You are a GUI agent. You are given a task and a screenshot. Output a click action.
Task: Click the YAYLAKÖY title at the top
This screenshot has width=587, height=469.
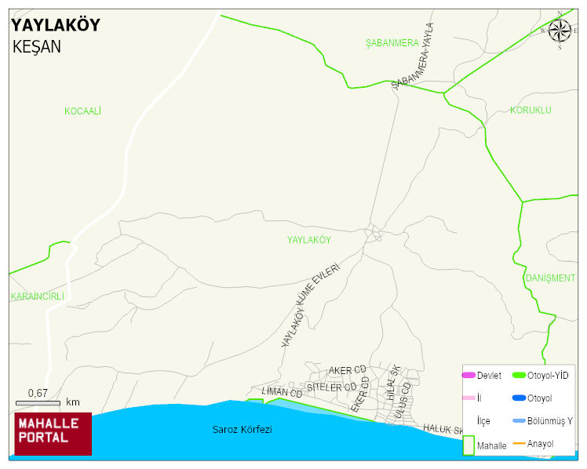55,25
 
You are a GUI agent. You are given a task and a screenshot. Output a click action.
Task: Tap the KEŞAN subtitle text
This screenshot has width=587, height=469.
37,46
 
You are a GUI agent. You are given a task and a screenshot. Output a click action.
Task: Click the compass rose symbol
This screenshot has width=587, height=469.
560,31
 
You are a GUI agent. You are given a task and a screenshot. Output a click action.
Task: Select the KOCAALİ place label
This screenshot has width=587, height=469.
82,111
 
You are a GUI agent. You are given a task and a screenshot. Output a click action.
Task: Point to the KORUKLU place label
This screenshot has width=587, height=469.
530,110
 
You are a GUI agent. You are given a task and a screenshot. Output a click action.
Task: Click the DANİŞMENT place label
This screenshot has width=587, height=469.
550,278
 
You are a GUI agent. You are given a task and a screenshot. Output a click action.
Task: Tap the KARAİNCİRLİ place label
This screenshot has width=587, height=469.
37,296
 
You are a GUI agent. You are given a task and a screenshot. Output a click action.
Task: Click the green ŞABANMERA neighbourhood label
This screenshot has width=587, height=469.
392,43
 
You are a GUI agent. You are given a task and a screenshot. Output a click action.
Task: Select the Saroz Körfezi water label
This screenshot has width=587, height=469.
242,430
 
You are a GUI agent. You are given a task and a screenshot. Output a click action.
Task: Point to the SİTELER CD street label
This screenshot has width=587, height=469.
331,387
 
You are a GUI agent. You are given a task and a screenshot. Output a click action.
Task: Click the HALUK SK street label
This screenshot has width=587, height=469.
444,429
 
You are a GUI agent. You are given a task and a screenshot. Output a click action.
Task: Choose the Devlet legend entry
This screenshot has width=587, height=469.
482,376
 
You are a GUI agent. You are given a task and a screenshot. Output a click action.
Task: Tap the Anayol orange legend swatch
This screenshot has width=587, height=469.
519,444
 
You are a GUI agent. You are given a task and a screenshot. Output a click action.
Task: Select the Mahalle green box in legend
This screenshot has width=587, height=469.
469,445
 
